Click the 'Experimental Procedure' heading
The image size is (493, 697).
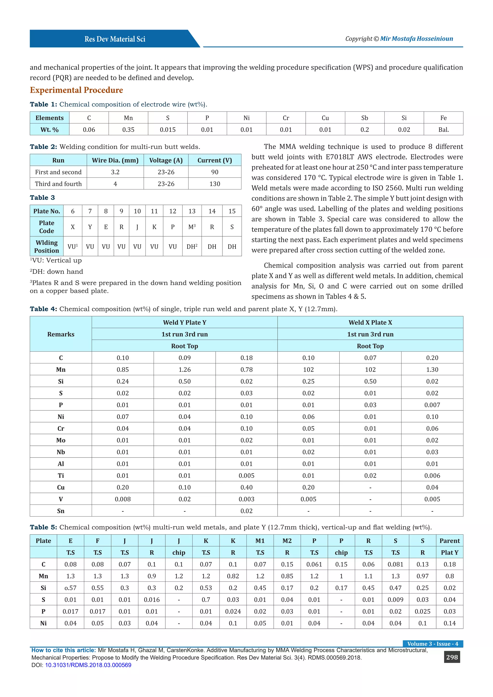click(76, 90)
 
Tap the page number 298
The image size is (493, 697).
click(452, 657)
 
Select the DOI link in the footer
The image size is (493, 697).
click(88, 665)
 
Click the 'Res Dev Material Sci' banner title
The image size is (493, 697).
click(115, 39)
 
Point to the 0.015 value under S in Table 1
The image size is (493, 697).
click(168, 130)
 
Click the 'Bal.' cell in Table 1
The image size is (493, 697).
click(443, 130)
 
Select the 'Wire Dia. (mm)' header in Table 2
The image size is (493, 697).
click(115, 160)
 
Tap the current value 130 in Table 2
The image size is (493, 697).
click(215, 184)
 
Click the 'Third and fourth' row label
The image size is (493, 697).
click(58, 184)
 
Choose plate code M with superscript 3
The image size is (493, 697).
click(192, 227)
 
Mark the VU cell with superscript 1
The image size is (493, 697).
click(72, 246)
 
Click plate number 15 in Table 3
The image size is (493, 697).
click(232, 211)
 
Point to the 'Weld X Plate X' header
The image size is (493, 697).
click(370, 323)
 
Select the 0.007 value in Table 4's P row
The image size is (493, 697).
click(432, 405)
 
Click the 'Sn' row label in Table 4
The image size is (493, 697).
click(61, 511)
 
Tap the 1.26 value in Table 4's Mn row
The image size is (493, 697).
click(185, 370)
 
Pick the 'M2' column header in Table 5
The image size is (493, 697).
click(287, 541)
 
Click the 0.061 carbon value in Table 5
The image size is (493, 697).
click(314, 564)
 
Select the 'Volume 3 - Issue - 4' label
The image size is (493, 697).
click(433, 644)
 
